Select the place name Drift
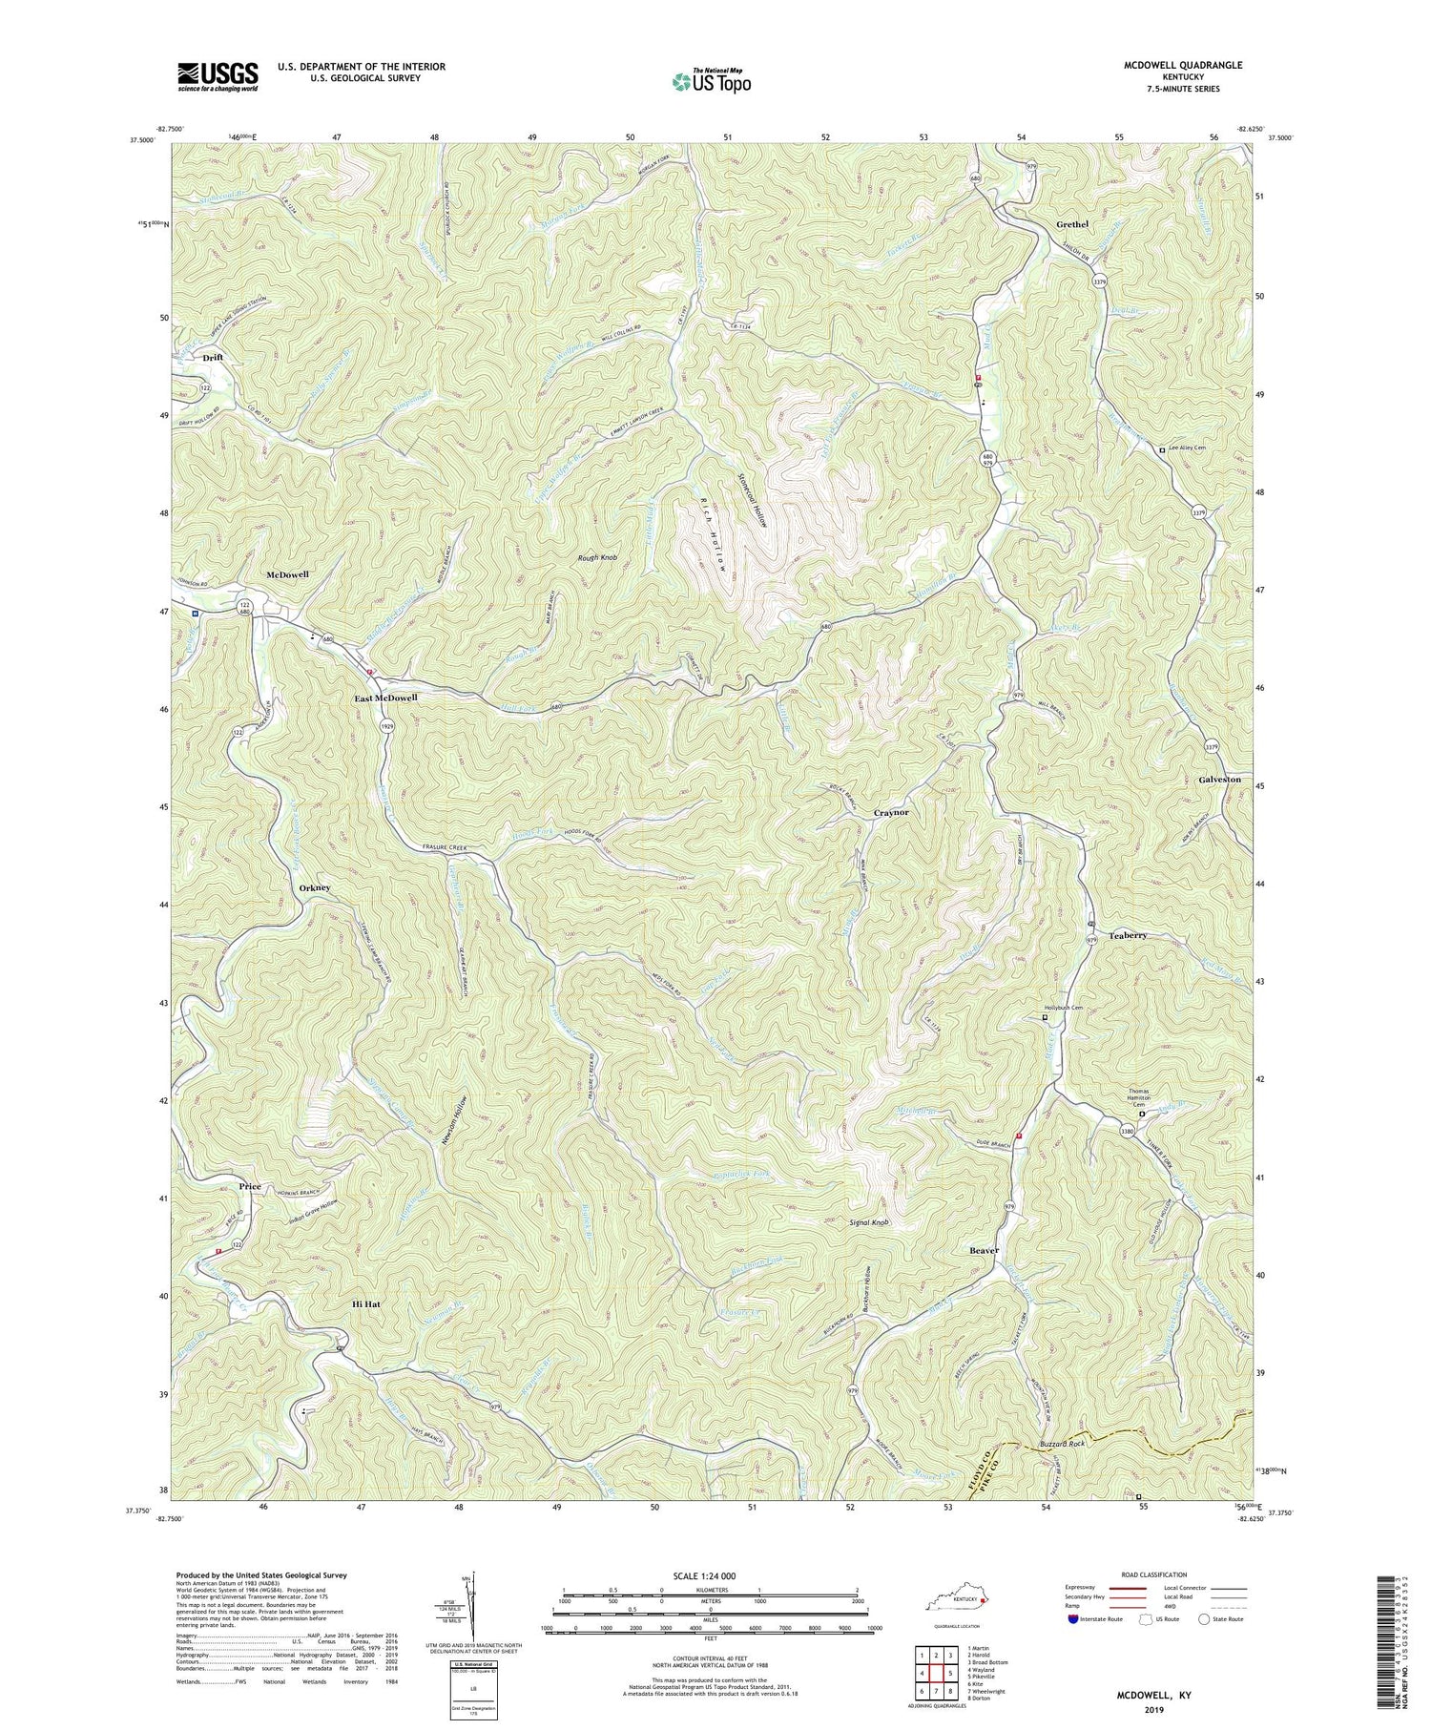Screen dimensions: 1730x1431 pyautogui.click(x=212, y=357)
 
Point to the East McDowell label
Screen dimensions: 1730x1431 pyautogui.click(x=386, y=698)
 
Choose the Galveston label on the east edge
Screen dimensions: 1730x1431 pyautogui.click(x=1219, y=780)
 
